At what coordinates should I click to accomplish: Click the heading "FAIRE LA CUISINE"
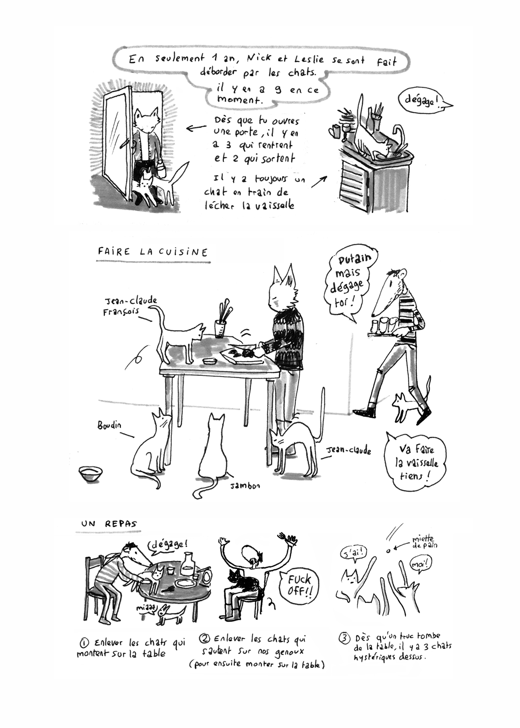152,252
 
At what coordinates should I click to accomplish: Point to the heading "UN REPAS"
109,524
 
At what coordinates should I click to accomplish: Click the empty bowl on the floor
91,473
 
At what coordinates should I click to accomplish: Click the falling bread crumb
388,550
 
